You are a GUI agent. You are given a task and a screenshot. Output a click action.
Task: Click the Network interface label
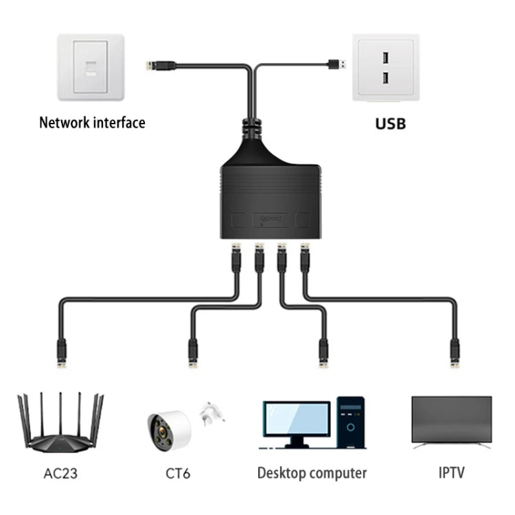[x=92, y=123]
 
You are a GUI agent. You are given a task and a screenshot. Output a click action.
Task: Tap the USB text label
[x=390, y=124]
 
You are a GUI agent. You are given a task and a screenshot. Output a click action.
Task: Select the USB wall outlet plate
[x=385, y=67]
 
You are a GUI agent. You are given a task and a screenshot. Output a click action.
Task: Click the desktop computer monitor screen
[x=295, y=417]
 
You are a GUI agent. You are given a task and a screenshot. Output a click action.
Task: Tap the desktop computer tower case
[x=351, y=422]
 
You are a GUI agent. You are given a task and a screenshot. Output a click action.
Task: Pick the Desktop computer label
[x=312, y=473]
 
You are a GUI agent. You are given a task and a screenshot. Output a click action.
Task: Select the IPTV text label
[x=452, y=473]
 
